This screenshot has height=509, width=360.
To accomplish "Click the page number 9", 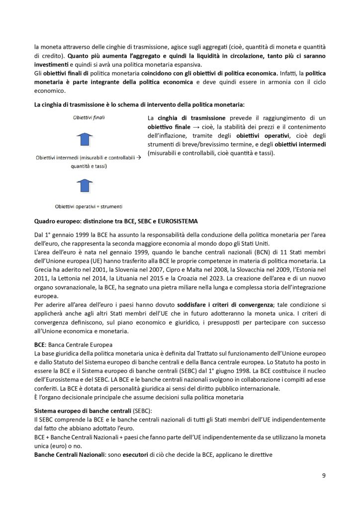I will [324, 476].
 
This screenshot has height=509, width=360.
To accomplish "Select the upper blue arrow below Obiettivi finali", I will [86, 139].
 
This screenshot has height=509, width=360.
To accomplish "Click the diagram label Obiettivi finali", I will [89, 118].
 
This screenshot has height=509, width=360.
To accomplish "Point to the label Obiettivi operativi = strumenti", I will [89, 206].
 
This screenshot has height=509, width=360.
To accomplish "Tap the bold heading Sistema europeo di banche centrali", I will [82, 411].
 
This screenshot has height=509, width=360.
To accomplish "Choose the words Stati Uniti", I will [255, 243].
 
